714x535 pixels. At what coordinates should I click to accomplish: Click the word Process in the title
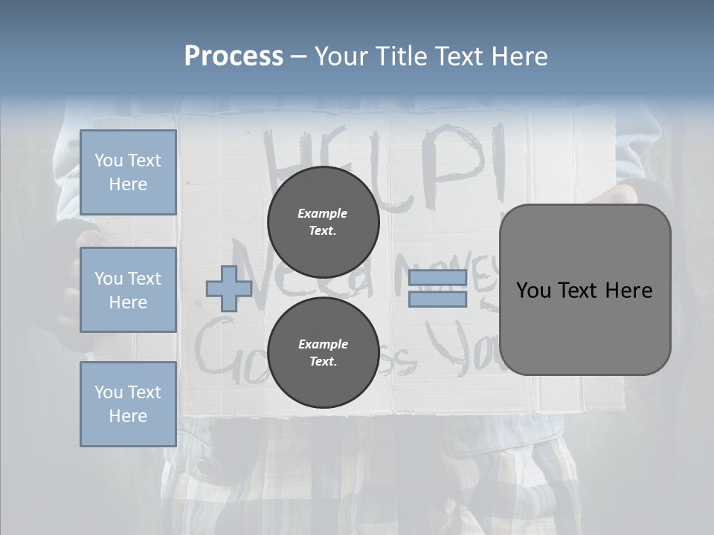click(234, 56)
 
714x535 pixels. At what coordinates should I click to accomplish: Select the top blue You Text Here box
click(128, 172)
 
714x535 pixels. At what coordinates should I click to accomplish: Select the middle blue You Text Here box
click(128, 290)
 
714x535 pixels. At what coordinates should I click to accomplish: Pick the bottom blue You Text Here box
click(128, 404)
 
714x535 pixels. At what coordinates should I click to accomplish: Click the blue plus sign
click(228, 289)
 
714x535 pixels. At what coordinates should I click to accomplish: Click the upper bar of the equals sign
click(437, 277)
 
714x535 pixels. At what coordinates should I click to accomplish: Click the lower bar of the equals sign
click(437, 299)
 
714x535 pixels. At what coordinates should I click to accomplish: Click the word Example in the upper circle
click(323, 213)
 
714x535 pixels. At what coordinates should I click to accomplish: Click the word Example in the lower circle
click(323, 344)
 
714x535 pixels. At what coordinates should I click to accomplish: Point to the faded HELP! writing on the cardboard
click(387, 160)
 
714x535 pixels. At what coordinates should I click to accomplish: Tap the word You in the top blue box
click(109, 160)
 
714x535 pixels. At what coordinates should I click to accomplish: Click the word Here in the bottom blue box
click(128, 416)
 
